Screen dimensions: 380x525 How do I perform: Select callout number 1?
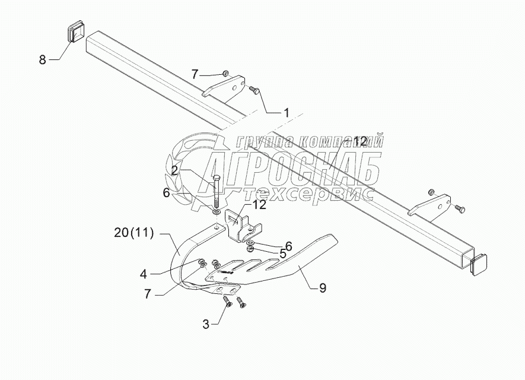click(x=286, y=112)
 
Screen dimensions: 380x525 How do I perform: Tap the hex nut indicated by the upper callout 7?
click(x=226, y=73)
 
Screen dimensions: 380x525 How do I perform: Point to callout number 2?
click(x=174, y=170)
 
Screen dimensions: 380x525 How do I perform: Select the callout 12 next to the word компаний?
click(x=360, y=141)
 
